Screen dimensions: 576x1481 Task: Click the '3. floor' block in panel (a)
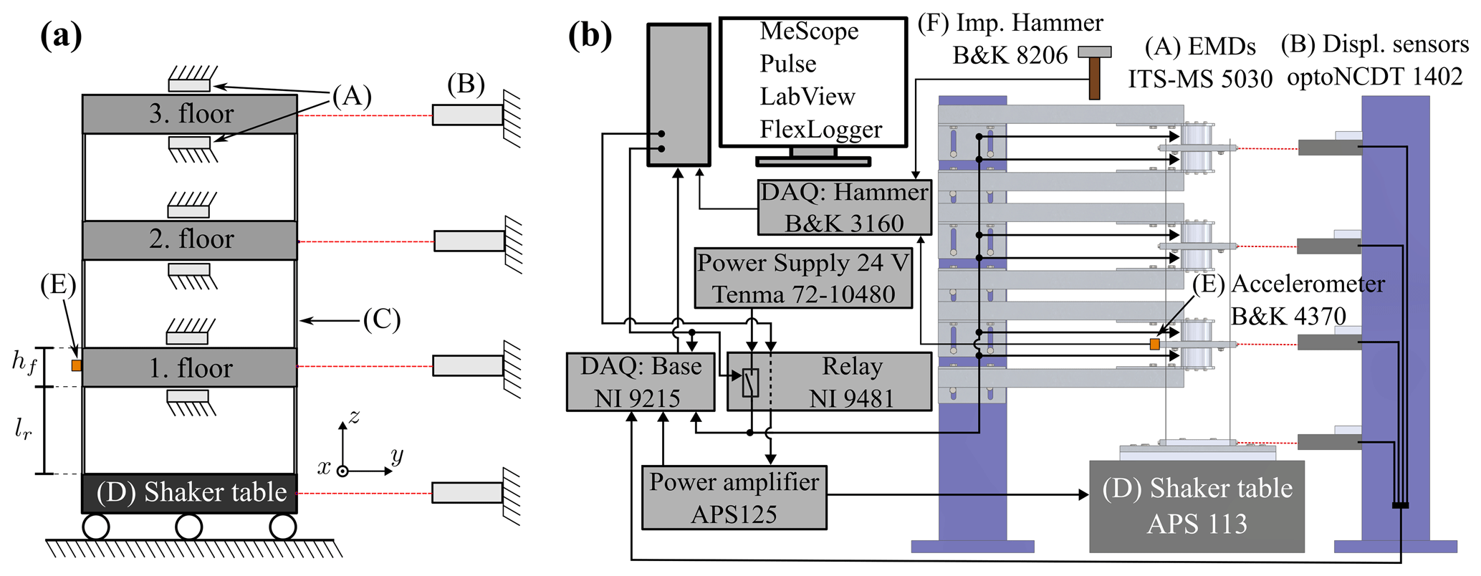coord(190,114)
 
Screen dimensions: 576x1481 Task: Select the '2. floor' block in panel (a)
coord(190,239)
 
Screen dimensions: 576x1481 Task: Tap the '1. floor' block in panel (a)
coord(190,368)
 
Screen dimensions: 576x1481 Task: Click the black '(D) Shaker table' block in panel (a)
coord(190,493)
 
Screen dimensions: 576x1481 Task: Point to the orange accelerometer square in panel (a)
coord(77,365)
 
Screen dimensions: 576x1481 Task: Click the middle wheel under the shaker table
coord(188,527)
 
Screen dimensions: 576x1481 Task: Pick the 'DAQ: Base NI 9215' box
coord(640,382)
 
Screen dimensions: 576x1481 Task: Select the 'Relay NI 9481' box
coord(830,382)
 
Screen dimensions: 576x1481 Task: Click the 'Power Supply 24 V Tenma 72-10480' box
coord(803,279)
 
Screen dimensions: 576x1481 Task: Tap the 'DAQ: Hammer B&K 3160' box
coord(844,208)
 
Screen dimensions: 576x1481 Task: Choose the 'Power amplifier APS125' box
coord(734,498)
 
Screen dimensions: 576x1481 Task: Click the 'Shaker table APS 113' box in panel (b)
coord(1197,507)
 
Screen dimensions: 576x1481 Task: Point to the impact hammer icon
coord(1094,72)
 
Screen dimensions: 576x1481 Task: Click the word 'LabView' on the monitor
coord(807,97)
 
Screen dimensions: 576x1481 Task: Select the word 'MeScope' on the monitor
coord(809,32)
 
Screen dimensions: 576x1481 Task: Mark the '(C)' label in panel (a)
coord(381,320)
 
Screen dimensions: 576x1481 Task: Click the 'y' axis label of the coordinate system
coord(396,455)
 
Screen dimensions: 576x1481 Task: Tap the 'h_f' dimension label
coord(24,361)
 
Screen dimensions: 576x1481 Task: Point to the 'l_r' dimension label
coord(23,428)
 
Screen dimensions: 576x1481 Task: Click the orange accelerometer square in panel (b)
coord(1154,345)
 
